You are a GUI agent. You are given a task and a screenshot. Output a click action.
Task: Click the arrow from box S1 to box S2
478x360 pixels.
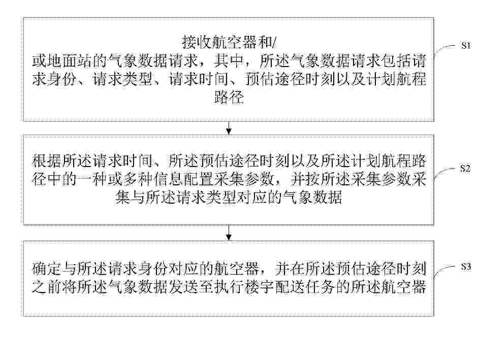(x=229, y=128)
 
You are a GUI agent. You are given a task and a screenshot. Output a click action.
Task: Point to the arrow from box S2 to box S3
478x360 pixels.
(x=229, y=233)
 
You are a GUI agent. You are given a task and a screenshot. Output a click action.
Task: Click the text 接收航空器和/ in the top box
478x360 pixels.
(x=229, y=42)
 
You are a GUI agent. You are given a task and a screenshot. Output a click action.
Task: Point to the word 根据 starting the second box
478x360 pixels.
(x=47, y=160)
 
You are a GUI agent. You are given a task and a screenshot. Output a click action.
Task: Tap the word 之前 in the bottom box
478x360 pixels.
(x=47, y=287)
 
